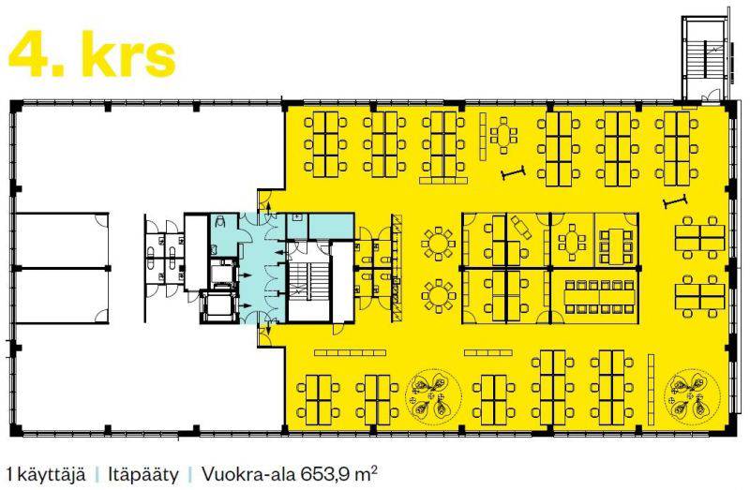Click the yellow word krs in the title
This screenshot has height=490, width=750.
point(128,53)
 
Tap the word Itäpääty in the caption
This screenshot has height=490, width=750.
point(143,475)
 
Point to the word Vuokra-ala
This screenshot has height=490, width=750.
point(248,475)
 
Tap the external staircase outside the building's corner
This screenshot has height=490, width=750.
point(706,60)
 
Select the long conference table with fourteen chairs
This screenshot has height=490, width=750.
point(600,297)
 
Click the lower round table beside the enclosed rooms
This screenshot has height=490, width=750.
point(437,296)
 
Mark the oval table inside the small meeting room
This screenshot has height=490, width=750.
point(572,242)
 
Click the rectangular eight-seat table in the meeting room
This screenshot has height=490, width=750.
point(617,245)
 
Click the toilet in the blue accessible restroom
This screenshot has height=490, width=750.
point(221,222)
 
